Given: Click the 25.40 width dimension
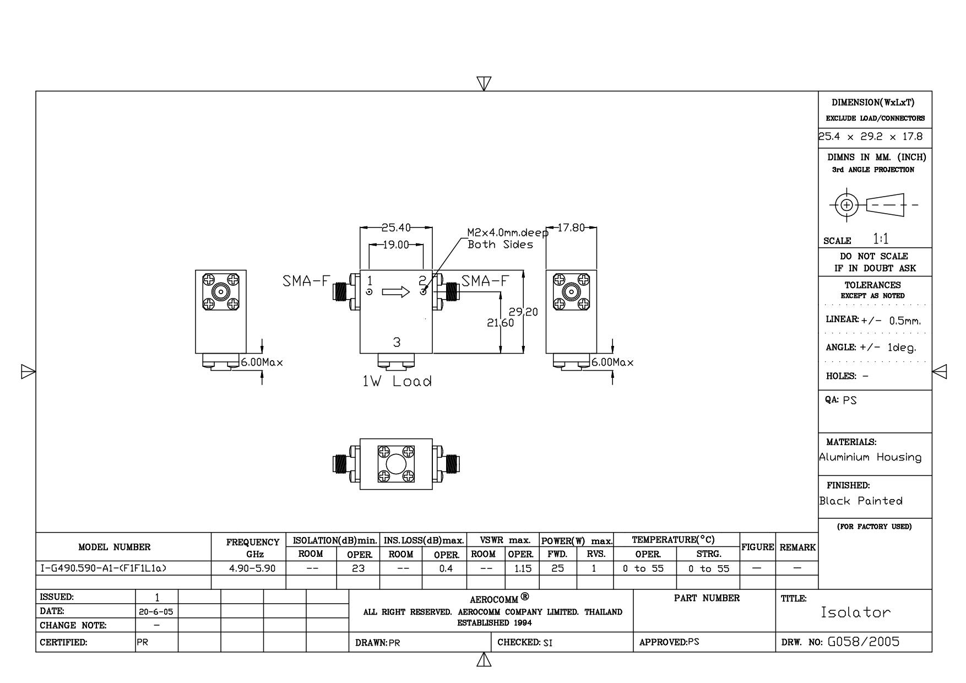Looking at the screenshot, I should click(396, 228).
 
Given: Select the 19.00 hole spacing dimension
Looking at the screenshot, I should click(396, 245).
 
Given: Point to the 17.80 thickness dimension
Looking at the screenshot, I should click(571, 228).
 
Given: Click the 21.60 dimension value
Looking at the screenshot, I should click(500, 323).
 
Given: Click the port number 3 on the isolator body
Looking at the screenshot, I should click(397, 343).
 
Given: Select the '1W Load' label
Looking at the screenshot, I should click(397, 381).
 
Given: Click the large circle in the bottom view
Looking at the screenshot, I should click(396, 464).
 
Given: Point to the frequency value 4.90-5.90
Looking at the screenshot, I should click(252, 568).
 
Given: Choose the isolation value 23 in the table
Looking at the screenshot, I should click(358, 568).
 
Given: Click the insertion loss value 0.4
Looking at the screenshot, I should click(446, 568).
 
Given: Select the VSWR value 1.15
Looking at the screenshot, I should click(523, 568).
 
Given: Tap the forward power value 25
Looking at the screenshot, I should click(557, 568).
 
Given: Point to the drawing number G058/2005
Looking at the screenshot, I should click(863, 642).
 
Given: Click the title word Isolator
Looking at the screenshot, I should click(855, 612).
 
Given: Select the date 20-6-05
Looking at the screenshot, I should click(157, 612).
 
